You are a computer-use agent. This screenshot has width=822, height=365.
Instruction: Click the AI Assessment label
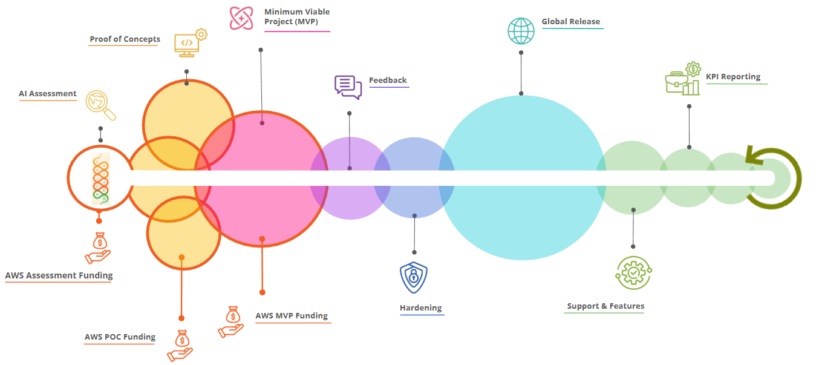pyautogui.click(x=48, y=94)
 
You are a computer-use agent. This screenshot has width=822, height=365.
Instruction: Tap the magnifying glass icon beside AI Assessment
pyautogui.click(x=100, y=105)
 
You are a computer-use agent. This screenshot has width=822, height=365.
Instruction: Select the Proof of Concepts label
pyautogui.click(x=125, y=39)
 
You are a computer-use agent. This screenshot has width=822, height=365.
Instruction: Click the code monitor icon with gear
pyautogui.click(x=191, y=42)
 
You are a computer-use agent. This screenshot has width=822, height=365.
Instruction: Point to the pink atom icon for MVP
pyautogui.click(x=241, y=18)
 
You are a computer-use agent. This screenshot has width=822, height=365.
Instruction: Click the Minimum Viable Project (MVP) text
pyautogui.click(x=297, y=16)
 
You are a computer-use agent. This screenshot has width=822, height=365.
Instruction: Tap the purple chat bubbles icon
pyautogui.click(x=348, y=87)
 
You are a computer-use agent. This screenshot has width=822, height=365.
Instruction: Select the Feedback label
pyautogui.click(x=388, y=80)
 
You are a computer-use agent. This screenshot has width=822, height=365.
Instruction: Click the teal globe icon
pyautogui.click(x=521, y=31)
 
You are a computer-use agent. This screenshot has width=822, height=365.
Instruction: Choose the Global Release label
pyautogui.click(x=570, y=21)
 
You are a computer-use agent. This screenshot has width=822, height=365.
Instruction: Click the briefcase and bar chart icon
pyautogui.click(x=683, y=79)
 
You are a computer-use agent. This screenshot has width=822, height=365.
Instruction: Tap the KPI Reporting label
pyautogui.click(x=733, y=76)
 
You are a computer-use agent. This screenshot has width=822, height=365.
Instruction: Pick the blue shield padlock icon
pyautogui.click(x=414, y=277)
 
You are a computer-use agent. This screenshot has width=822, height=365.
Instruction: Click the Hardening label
pyautogui.click(x=420, y=307)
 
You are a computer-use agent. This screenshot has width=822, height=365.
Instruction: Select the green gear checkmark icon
pyautogui.click(x=633, y=273)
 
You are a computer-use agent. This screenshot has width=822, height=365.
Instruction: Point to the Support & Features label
pyautogui.click(x=605, y=306)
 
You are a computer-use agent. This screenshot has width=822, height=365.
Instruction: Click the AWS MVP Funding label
pyautogui.click(x=292, y=315)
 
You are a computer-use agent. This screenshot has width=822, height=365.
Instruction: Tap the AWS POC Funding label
pyautogui.click(x=120, y=337)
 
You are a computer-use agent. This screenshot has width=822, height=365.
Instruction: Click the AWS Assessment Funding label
pyautogui.click(x=59, y=275)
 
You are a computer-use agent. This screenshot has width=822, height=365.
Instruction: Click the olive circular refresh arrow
pyautogui.click(x=798, y=179)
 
